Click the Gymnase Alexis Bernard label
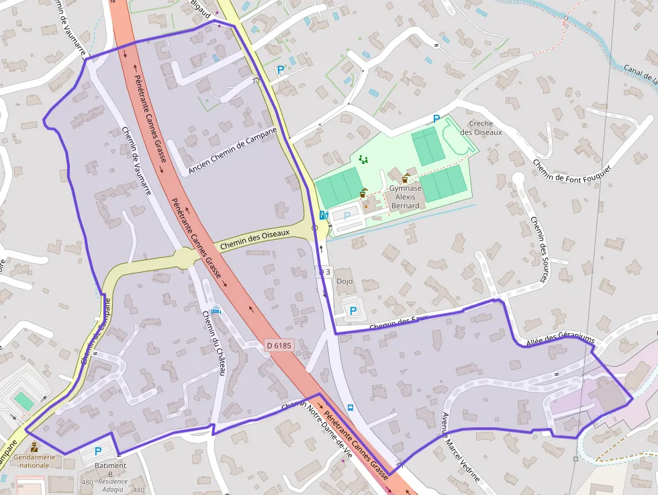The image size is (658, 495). (x=406, y=197)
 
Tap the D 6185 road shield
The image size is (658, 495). (x=279, y=345)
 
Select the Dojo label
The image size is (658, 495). (x=344, y=281)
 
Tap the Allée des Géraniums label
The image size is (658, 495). (x=561, y=341)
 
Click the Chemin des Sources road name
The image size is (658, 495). (x=539, y=249)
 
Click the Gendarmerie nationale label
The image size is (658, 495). (x=34, y=461)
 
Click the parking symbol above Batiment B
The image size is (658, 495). (x=98, y=451)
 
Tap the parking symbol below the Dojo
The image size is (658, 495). (x=352, y=311)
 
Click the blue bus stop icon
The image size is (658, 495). (x=350, y=407)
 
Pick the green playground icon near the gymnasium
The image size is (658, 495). (x=364, y=160)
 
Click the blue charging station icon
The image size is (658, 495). (x=323, y=215)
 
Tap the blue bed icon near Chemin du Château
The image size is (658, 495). (x=215, y=311)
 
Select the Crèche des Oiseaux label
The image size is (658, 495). (x=481, y=128)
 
